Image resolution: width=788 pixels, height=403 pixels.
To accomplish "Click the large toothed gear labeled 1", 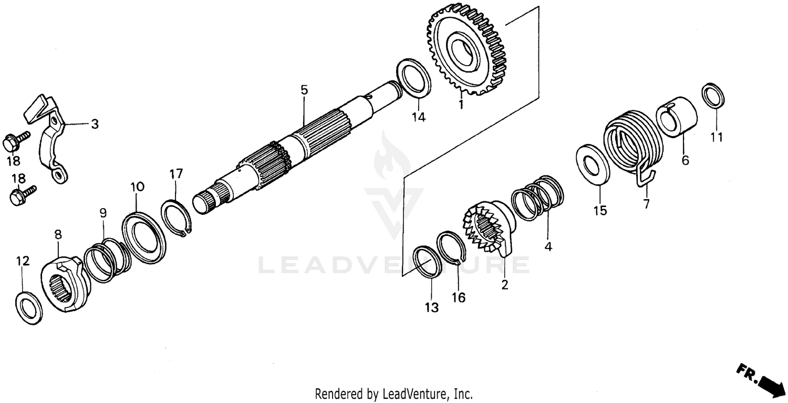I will [465, 50].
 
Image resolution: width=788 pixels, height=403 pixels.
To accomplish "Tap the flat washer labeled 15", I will [593, 165].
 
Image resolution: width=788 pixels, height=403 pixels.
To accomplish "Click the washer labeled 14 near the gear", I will [413, 78].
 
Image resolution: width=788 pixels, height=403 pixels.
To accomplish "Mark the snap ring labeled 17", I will [176, 215].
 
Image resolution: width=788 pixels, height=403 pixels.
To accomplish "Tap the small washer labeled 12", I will [29, 309].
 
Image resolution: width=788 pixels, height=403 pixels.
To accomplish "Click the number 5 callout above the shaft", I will [304, 90].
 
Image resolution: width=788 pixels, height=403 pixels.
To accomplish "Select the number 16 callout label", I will [458, 298].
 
